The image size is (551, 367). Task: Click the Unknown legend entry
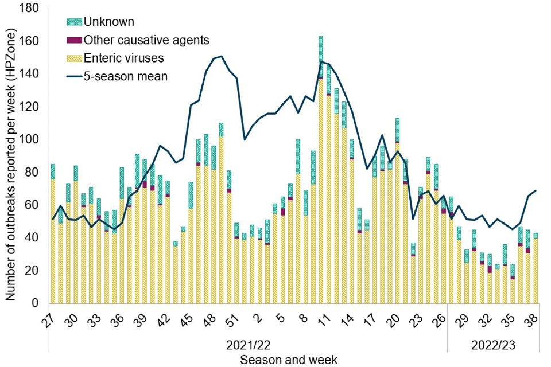(x=108, y=22)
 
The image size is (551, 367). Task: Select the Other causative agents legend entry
(x=145, y=40)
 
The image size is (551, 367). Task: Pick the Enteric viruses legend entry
(x=124, y=58)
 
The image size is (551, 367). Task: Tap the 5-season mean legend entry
(x=125, y=75)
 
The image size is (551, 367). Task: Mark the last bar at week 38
(x=535, y=270)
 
